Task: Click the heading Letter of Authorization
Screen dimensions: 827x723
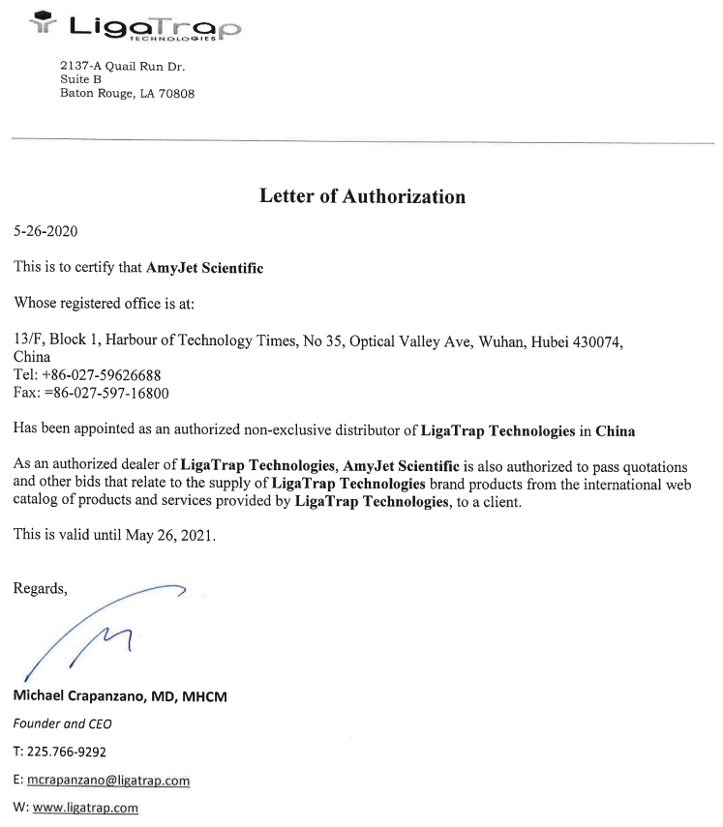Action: pos(362,196)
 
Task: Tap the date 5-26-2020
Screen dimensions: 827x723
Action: pos(45,232)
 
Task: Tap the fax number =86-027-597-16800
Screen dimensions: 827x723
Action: pos(106,394)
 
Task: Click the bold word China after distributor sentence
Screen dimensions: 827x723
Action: pos(615,431)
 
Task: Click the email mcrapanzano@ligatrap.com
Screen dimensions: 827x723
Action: pos(108,781)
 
